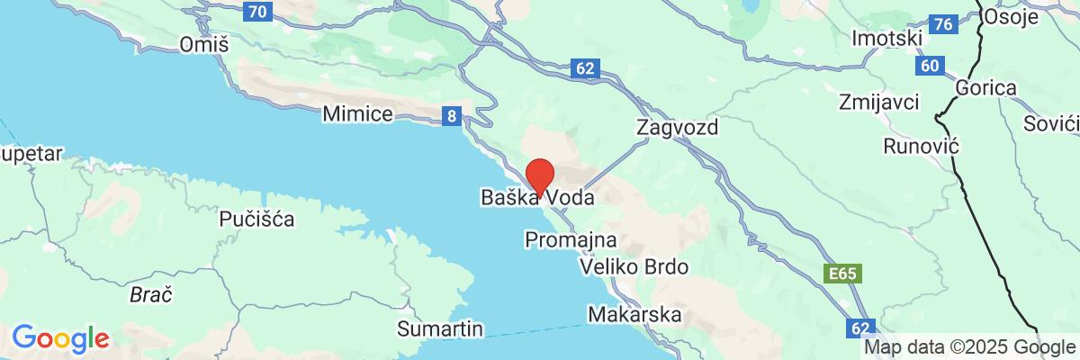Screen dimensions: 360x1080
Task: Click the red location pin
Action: click(538, 172)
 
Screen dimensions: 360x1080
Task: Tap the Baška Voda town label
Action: click(537, 197)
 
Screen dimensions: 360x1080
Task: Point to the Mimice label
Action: click(357, 114)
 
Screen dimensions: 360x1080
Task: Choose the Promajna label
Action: click(570, 240)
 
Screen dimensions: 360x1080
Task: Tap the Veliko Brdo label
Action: click(634, 267)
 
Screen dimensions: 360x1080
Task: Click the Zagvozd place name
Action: click(677, 127)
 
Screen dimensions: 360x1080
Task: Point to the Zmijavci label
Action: click(878, 100)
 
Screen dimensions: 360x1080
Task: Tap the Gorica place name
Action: click(985, 88)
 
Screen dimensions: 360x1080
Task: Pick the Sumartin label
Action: click(442, 328)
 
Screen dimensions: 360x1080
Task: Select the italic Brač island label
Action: click(150, 294)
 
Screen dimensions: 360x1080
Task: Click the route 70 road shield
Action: click(256, 12)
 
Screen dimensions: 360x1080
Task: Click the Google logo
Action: click(60, 339)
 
